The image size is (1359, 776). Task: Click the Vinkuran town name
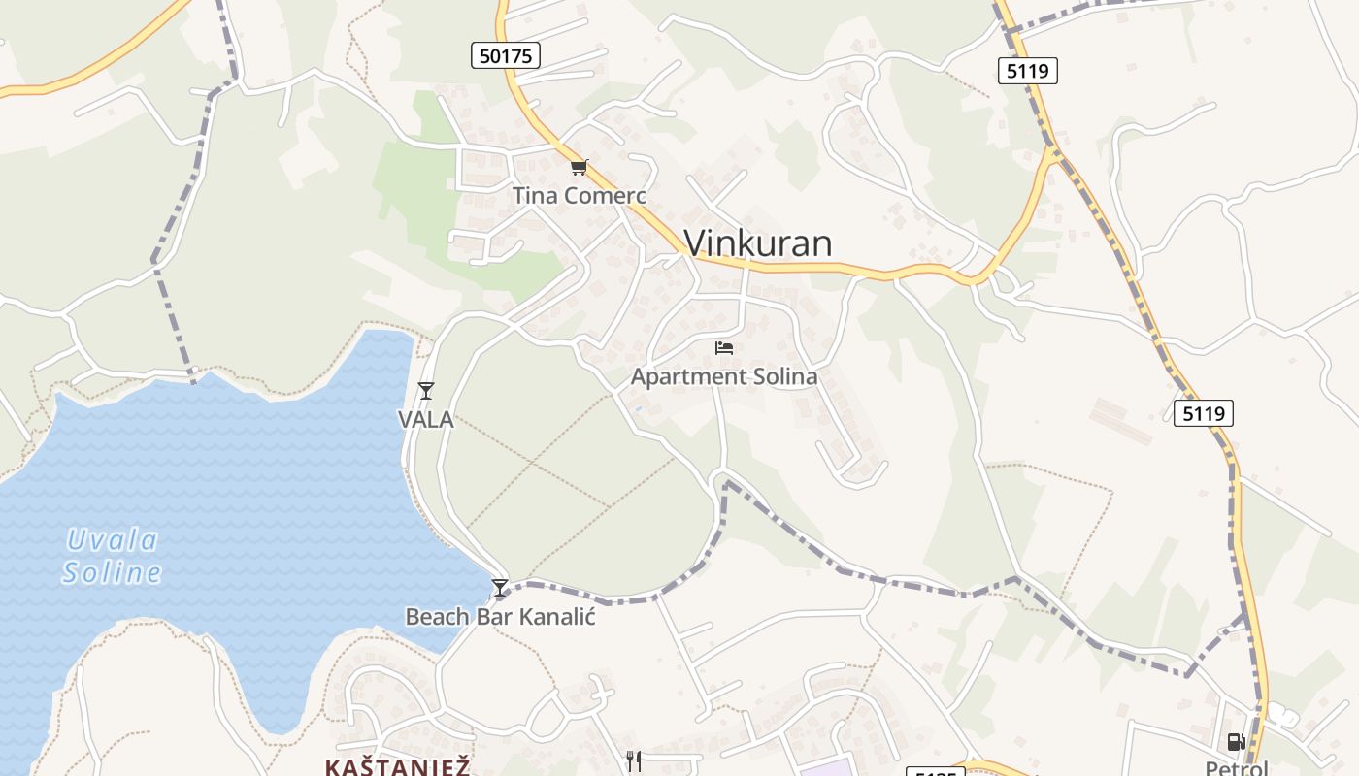[x=757, y=242]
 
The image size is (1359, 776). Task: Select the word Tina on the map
[x=535, y=195]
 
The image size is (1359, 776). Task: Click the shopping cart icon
[x=580, y=167]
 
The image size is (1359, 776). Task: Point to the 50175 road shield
[x=506, y=55]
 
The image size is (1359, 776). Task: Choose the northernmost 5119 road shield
[x=1027, y=70]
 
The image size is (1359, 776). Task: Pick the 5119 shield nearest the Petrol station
[x=1203, y=413]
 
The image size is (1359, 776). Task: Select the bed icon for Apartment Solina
[x=724, y=347]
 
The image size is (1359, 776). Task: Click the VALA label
[x=426, y=419]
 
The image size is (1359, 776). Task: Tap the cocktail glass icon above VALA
[x=425, y=391]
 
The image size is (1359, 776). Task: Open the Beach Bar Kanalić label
[x=500, y=616]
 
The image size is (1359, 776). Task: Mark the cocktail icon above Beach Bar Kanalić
[x=500, y=588]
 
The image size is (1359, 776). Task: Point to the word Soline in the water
[x=113, y=572]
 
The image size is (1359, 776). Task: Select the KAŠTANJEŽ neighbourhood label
[x=398, y=767]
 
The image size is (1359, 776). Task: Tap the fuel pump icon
[x=1236, y=743]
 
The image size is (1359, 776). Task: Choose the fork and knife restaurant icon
[x=634, y=761]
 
